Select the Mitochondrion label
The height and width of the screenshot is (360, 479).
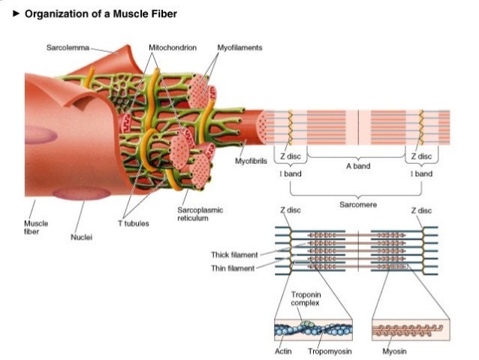tap(173, 47)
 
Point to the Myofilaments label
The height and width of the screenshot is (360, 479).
tap(239, 47)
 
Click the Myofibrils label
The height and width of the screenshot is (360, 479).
tap(250, 161)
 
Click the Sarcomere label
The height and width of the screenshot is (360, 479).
tap(357, 204)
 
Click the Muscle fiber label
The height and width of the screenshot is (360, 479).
tap(35, 227)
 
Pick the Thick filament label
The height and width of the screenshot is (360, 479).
tap(234, 255)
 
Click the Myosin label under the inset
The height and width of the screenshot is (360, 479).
tap(394, 351)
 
